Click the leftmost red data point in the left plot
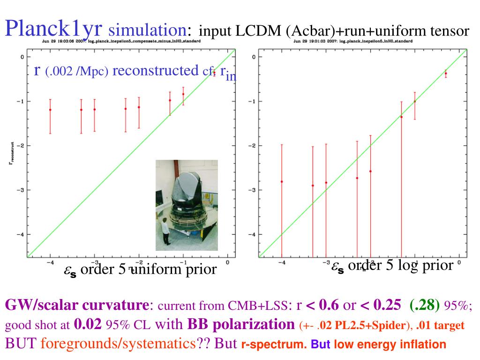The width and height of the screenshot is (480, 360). point(50,110)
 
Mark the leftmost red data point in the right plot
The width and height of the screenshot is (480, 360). point(282,181)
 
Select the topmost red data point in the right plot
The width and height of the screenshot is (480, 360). point(446,74)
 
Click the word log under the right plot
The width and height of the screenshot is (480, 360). point(408,266)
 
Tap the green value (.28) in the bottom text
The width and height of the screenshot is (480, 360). point(424,306)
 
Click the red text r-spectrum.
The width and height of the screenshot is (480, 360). point(273,345)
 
